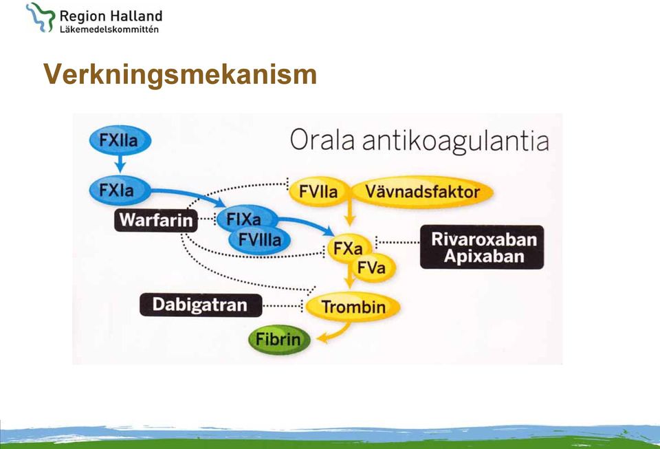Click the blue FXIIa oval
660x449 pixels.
(120, 140)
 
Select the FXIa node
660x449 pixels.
(120, 190)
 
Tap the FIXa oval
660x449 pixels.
(247, 218)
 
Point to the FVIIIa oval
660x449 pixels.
(259, 240)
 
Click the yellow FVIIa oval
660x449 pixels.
(319, 192)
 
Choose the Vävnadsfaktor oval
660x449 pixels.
(422, 192)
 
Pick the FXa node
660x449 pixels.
(349, 248)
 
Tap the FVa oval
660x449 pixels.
(373, 267)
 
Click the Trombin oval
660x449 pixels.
(353, 307)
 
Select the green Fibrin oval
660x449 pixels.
(279, 339)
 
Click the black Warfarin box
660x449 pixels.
(156, 220)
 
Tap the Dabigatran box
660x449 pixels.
(201, 305)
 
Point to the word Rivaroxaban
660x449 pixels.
(484, 239)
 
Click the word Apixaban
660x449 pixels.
(484, 256)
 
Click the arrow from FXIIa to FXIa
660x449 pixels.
(120, 163)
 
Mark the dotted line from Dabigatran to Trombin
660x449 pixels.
(283, 305)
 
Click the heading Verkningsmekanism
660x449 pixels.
(180, 75)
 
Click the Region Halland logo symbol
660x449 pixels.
(41, 17)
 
